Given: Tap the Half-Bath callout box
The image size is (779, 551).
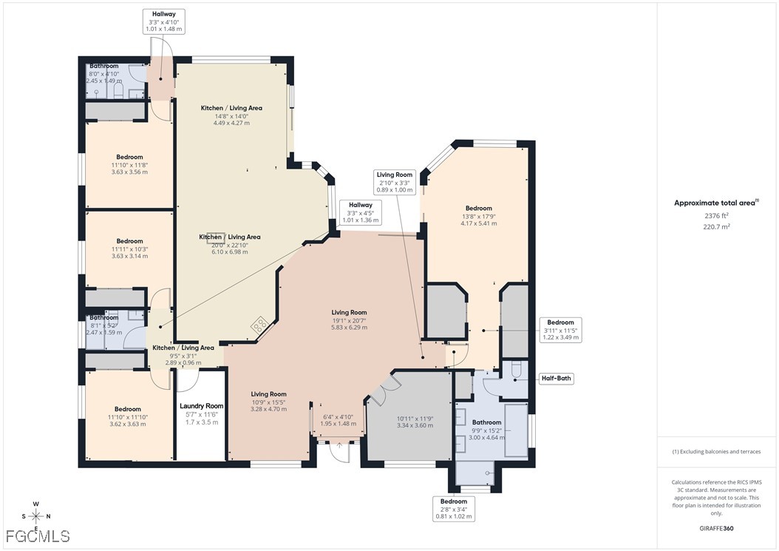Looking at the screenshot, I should point(557,379).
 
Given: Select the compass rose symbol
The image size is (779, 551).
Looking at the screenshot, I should point(35,516).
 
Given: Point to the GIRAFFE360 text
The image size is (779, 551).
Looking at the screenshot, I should point(716,529).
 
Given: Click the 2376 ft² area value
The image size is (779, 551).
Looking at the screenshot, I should point(716,215).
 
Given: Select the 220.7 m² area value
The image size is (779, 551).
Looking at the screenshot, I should point(716,227).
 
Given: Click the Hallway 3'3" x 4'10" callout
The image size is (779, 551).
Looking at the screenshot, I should point(164,22).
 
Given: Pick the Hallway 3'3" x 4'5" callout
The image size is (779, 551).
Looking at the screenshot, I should point(361,212).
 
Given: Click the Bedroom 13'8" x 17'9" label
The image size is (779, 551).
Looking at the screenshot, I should point(478,215).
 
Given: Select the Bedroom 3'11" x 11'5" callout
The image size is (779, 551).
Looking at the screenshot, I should point(560,330).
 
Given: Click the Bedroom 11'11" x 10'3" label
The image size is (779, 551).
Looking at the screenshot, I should point(129,249).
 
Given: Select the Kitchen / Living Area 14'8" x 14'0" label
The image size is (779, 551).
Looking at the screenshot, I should point(231,115).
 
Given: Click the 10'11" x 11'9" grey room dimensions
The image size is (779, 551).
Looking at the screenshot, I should point(414,422).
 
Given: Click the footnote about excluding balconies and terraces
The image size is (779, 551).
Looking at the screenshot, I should point(715,451).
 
